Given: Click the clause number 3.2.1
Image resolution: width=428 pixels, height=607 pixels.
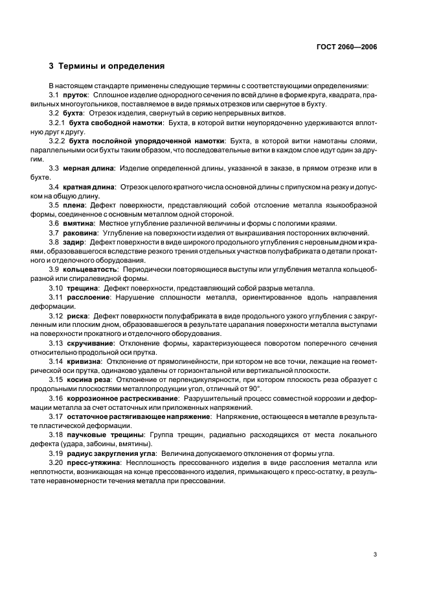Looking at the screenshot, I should (58, 122).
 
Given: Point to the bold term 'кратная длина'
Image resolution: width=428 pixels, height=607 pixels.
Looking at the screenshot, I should (89, 187).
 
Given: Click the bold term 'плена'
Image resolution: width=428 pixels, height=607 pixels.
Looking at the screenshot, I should (76, 205).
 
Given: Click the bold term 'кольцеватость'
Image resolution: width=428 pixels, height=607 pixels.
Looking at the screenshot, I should (93, 268).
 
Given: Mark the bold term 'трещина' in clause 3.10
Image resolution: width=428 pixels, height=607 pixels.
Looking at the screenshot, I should (84, 287).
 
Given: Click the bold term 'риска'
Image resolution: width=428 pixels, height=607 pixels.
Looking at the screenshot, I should (78, 315).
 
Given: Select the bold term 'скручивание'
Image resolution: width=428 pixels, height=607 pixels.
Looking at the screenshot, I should (92, 342).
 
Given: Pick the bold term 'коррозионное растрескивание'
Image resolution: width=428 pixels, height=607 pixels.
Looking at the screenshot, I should (125, 397).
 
